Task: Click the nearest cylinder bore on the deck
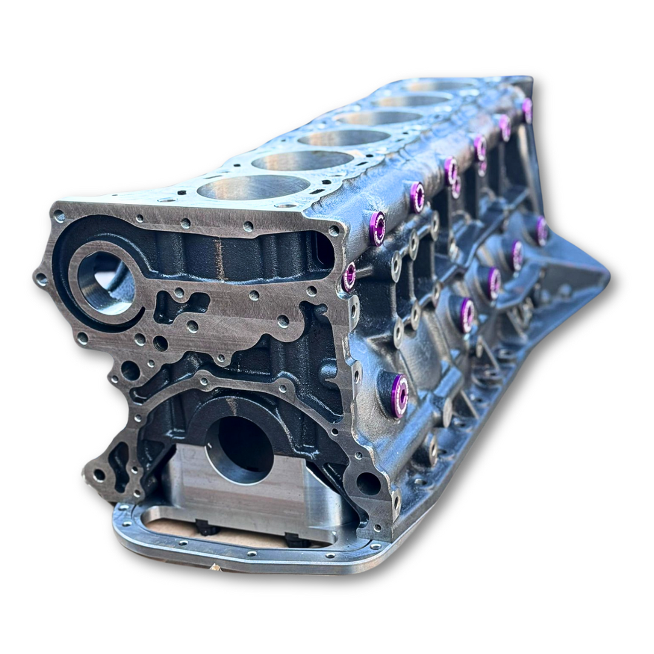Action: pyautogui.click(x=254, y=187)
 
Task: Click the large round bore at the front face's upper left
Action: pyautogui.click(x=104, y=282)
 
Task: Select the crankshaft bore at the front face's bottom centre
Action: pyautogui.click(x=239, y=449)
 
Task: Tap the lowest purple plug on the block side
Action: pyautogui.click(x=399, y=395)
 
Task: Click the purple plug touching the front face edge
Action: pyautogui.click(x=349, y=276)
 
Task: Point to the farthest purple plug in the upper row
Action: pyautogui.click(x=527, y=110)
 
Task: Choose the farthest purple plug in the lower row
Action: pyautogui.click(x=541, y=231)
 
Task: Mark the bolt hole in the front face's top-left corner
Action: pyautogui.click(x=59, y=215)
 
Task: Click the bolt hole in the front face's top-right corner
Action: pyautogui.click(x=333, y=231)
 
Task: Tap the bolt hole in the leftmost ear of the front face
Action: pyautogui.click(x=41, y=278)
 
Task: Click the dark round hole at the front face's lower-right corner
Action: pyautogui.click(x=368, y=483)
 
